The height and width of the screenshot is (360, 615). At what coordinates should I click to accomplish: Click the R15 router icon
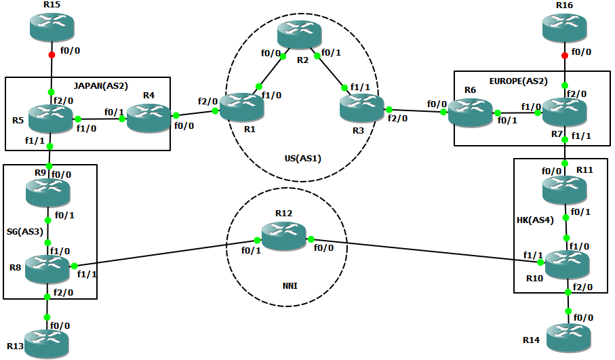(x=52, y=26)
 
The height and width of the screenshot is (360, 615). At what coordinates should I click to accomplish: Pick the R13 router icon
(x=47, y=342)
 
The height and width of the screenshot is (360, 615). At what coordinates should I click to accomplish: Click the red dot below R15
(x=52, y=56)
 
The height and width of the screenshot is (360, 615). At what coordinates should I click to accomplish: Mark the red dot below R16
(x=565, y=56)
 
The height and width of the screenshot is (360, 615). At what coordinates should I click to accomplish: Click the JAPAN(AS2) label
(x=100, y=85)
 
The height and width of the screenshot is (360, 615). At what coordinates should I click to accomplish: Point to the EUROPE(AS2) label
(x=519, y=80)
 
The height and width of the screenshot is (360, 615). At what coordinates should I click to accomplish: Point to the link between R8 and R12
(x=163, y=253)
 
